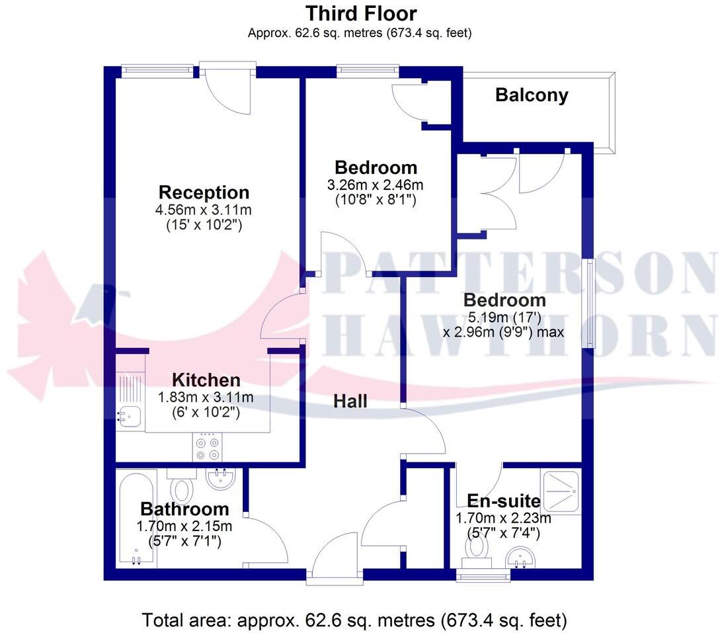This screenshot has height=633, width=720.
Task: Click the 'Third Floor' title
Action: coord(360,13)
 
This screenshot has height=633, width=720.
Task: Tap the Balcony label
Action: coord(532,95)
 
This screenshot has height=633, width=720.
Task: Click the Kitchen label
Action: coord(206,380)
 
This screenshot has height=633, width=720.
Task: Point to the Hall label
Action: coord(350,401)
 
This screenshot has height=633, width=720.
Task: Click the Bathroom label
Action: coord(184,509)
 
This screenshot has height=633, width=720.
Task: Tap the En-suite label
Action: coord(504,501)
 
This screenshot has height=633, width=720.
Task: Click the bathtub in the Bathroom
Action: coord(137,517)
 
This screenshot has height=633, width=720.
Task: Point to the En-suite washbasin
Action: coord(520,560)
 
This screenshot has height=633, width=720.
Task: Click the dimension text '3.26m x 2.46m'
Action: coord(375,185)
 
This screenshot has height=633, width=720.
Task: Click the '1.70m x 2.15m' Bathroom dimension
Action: coord(184,527)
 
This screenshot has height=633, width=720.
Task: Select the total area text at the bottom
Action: coord(355,620)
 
